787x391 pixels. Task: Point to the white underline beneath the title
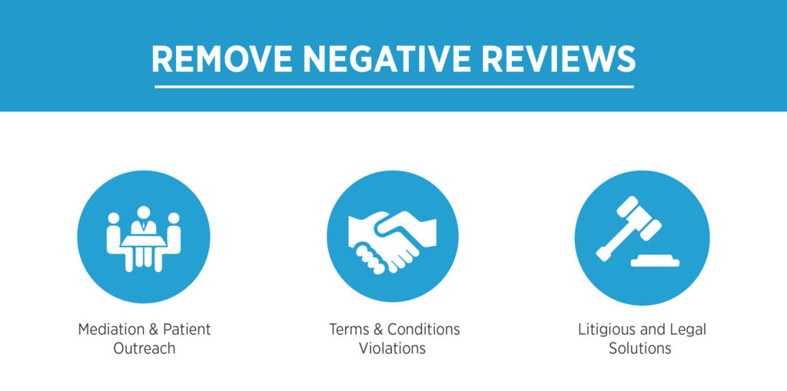[x=394, y=87]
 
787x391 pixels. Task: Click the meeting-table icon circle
[x=144, y=237]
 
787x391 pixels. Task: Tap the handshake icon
[x=393, y=241]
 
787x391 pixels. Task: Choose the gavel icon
[x=638, y=231]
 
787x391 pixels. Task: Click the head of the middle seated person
[x=144, y=212]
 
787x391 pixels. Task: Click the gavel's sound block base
[x=655, y=261]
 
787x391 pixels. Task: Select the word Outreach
[x=144, y=348]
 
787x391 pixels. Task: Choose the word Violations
[x=393, y=348]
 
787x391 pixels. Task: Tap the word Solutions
[x=640, y=348]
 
